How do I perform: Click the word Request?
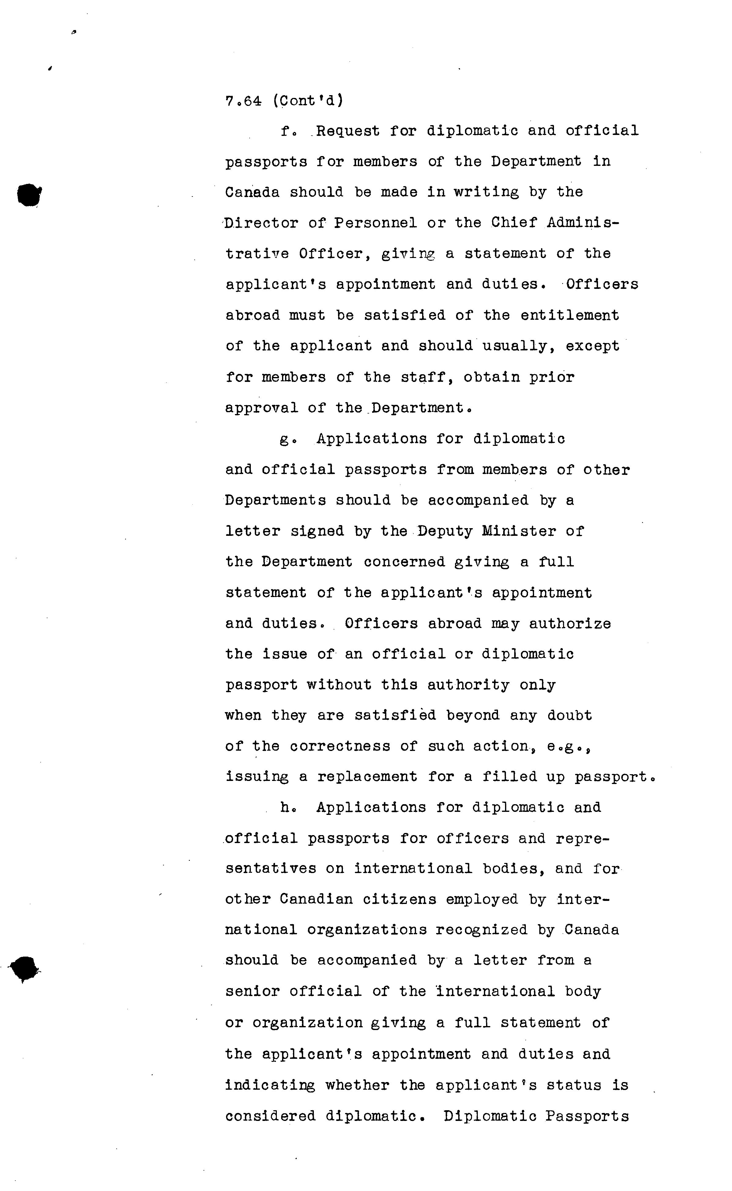(x=347, y=131)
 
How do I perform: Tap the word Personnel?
(x=376, y=223)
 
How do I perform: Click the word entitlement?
(x=570, y=315)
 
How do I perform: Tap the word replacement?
(x=367, y=777)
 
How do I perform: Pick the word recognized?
(x=481, y=930)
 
